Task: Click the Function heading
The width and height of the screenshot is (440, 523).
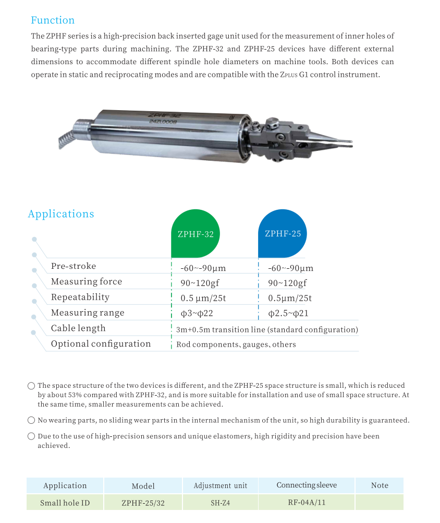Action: coord(53,20)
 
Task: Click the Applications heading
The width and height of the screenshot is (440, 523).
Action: coord(61,214)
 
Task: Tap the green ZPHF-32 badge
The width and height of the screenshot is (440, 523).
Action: coord(195,234)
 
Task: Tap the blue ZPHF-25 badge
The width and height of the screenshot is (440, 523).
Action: coord(283,233)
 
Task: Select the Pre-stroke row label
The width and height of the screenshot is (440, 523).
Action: coord(74,266)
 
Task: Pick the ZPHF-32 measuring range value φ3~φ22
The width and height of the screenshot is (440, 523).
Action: coord(197,313)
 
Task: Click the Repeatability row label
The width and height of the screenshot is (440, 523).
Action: coord(80,297)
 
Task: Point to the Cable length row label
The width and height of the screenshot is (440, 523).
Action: coord(78,328)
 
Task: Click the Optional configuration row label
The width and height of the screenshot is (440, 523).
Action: coord(101,344)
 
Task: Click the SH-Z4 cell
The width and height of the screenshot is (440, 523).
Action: coord(220,503)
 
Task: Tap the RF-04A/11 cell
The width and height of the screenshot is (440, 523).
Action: coord(306,503)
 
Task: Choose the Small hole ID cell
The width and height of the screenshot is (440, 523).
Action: coord(65,503)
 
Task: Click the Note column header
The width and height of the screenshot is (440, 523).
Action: coord(380,485)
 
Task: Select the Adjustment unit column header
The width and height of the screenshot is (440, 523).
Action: coord(220,485)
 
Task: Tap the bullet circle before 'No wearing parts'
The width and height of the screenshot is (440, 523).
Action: coord(31,421)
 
